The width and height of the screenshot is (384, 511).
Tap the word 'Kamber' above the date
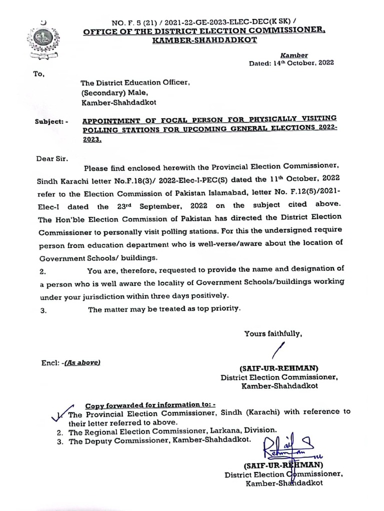(294, 55)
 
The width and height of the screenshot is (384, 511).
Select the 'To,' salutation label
(39, 74)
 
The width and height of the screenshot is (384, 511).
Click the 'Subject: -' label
(52, 121)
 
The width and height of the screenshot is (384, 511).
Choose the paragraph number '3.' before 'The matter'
(42, 310)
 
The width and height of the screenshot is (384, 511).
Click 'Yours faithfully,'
(273, 333)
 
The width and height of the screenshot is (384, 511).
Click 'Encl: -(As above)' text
(71, 363)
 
